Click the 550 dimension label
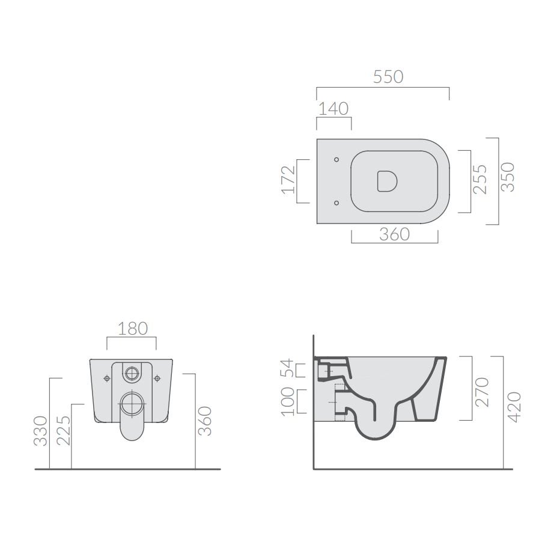coord(388,77)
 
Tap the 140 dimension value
coord(333,109)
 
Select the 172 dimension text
coord(288,180)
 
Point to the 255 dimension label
coord(480,179)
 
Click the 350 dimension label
coord(507,177)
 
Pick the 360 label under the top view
coord(394,234)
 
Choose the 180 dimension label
coord(132,329)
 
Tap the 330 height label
coord(40,431)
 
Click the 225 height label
coord(64,431)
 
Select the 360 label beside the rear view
coord(205,421)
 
